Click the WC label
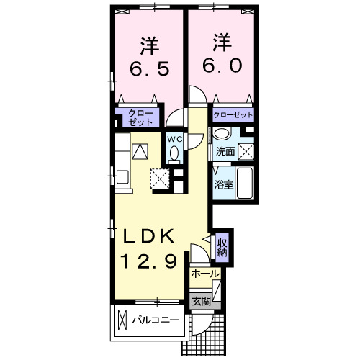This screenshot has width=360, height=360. (174, 138)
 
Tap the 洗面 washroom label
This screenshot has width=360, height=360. (225, 151)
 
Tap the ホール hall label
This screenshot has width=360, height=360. (204, 274)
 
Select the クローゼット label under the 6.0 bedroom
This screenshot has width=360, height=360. (233, 114)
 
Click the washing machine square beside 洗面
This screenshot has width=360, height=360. (247, 151)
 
